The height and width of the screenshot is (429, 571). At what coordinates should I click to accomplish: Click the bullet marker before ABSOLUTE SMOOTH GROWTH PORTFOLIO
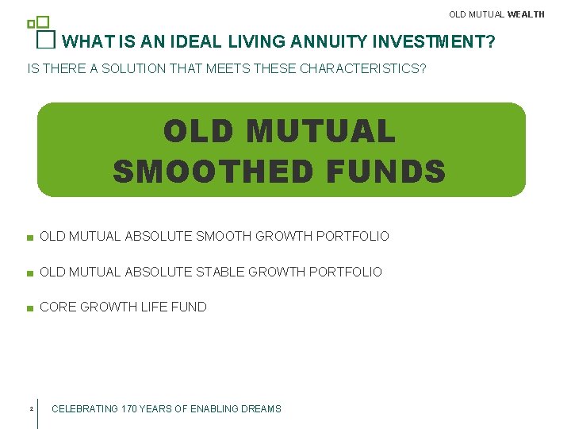[29, 238]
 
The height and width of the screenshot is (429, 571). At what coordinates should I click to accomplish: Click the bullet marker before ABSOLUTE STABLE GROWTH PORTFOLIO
[29, 272]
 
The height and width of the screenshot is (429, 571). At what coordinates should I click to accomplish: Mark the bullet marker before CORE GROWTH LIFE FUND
[29, 307]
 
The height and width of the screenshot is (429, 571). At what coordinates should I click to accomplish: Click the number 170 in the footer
[130, 409]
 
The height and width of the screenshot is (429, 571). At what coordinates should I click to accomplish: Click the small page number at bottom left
[29, 409]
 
